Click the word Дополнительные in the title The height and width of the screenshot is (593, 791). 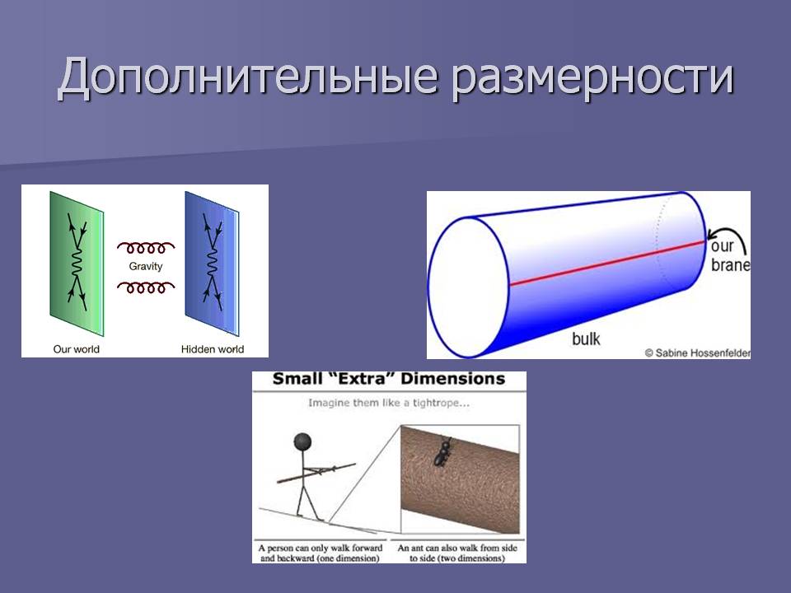[247, 77]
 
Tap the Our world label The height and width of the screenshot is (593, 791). [76, 349]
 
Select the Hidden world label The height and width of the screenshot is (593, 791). [213, 349]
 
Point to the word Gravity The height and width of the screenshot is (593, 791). [146, 266]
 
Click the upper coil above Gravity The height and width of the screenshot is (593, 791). [146, 247]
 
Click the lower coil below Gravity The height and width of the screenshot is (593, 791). [146, 287]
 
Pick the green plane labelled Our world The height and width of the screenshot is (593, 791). [77, 264]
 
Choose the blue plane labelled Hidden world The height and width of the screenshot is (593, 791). [212, 264]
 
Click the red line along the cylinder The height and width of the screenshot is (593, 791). [607, 264]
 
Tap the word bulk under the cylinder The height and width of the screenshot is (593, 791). [586, 339]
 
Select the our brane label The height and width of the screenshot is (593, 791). [729, 255]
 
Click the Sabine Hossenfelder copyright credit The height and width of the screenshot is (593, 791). [697, 353]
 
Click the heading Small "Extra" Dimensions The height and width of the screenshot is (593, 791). [389, 379]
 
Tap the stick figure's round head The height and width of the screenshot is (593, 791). [302, 441]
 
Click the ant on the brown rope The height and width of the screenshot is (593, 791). [442, 451]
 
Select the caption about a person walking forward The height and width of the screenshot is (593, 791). [321, 553]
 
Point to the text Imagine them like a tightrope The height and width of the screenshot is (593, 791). [389, 403]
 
